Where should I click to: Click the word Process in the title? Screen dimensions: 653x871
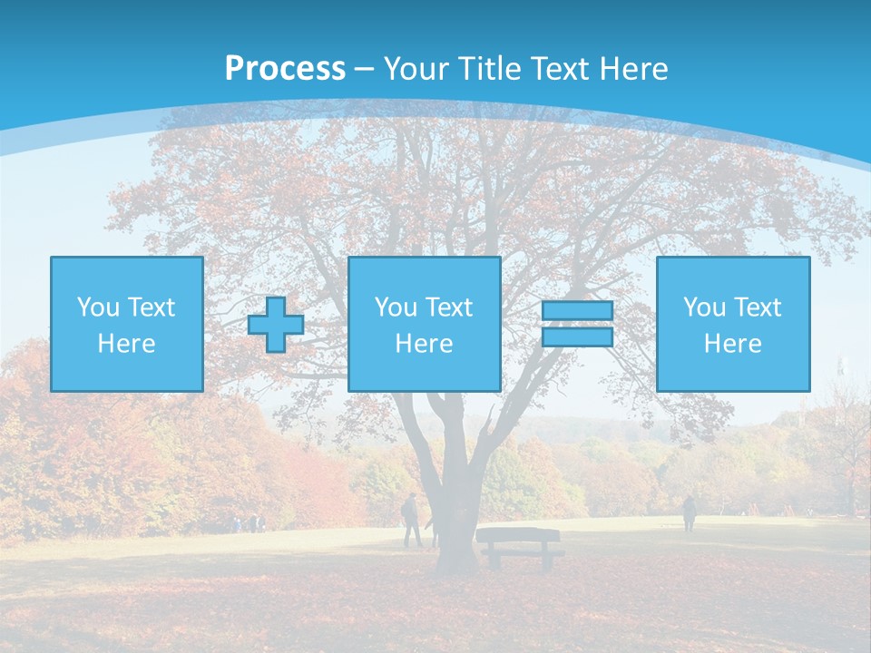(x=285, y=69)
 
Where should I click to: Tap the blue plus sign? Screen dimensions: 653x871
(x=276, y=325)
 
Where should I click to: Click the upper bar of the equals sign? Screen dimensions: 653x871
(x=577, y=311)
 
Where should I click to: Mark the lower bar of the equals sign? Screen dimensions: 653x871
(x=577, y=336)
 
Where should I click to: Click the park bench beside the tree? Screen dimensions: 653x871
(x=519, y=546)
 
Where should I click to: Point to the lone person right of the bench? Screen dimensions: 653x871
(x=690, y=513)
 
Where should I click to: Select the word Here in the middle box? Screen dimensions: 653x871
(x=424, y=344)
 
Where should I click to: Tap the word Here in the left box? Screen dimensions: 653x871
(x=127, y=344)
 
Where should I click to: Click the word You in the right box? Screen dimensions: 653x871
(x=705, y=307)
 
